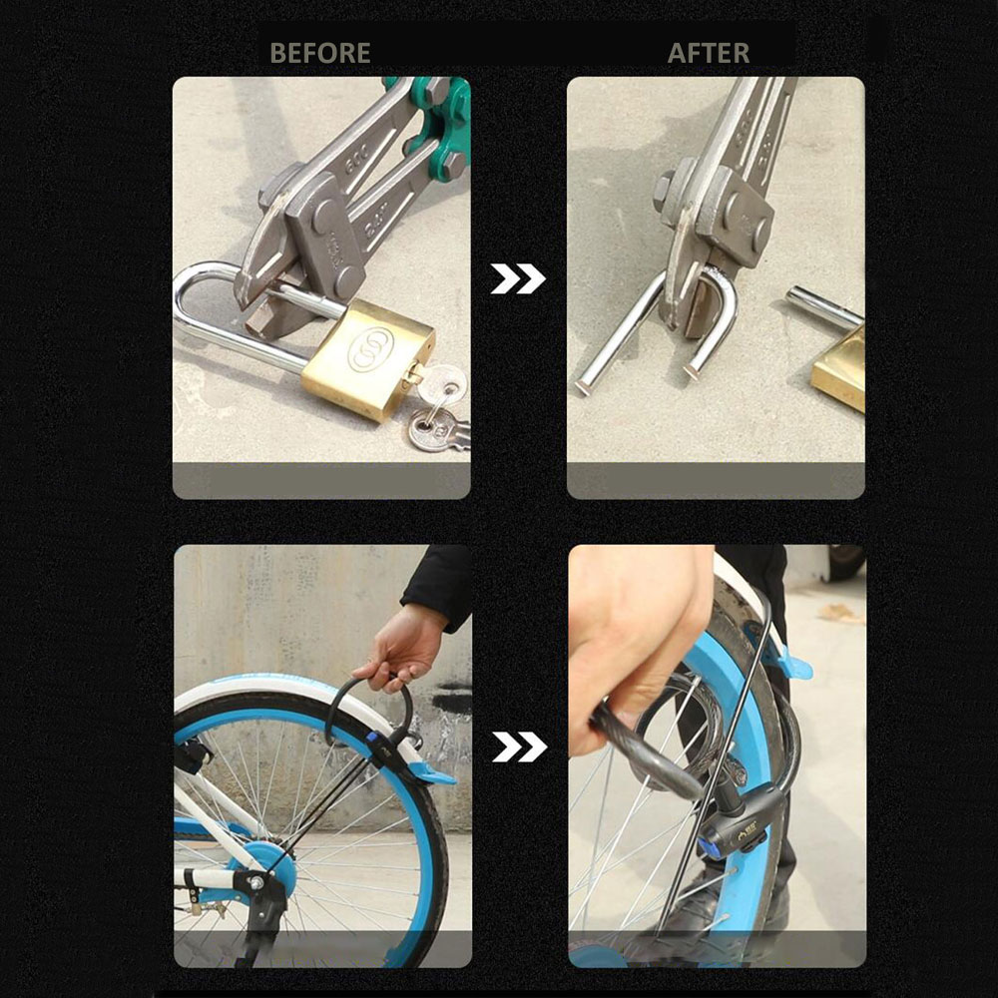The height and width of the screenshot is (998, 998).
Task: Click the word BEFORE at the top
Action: coord(320,53)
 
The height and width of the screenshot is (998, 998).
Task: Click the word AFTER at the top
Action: coord(709,53)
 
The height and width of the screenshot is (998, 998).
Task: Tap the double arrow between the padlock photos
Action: coord(518,278)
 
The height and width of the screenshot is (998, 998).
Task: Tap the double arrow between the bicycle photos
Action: coord(519,747)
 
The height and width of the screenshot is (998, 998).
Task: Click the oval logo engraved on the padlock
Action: coord(370,349)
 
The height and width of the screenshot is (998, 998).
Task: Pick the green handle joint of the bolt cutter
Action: coord(439,128)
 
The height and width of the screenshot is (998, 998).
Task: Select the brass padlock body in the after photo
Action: coord(840,369)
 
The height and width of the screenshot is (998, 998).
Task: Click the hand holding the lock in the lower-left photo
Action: coord(401,651)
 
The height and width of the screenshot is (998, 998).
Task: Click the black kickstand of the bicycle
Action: coord(260,916)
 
